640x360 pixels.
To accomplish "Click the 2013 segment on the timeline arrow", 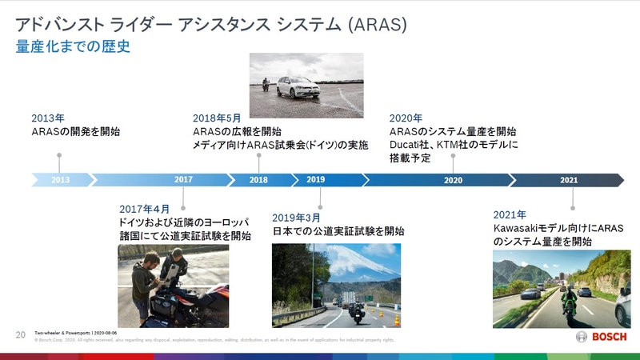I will click(x=60, y=180).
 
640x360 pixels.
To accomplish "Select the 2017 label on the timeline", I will click(x=183, y=180).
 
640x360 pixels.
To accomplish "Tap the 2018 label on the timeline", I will click(x=258, y=180).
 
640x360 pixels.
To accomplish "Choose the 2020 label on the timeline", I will click(x=453, y=180).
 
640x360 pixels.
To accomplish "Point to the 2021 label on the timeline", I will click(x=569, y=180).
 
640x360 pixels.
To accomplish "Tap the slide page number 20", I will click(x=21, y=334).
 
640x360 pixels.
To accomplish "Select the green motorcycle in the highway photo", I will click(x=569, y=302).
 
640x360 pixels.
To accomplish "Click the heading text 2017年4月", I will click(x=145, y=208).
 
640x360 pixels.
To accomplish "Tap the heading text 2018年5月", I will click(x=217, y=118).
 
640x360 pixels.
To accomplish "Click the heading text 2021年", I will click(x=509, y=214).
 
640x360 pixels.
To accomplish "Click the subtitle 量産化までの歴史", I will click(x=73, y=47).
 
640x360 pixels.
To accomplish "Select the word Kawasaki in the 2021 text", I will click(x=518, y=228).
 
